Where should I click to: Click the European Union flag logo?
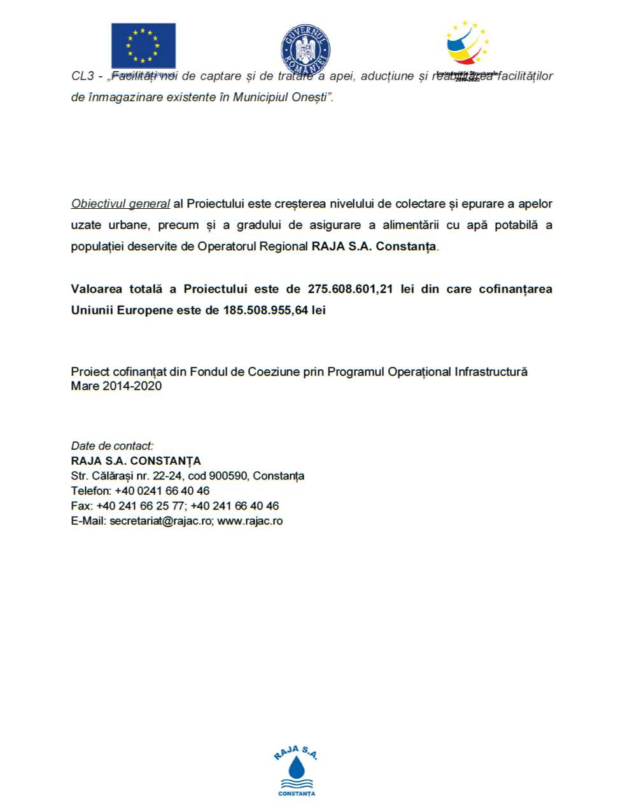tap(143, 45)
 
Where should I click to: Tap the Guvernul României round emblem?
tap(305, 49)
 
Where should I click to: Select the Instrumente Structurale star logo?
tap(467, 44)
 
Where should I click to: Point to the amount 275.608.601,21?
tap(350, 289)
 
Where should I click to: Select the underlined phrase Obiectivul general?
tap(120, 204)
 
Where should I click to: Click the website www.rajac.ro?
tap(250, 521)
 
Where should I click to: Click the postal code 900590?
tap(228, 476)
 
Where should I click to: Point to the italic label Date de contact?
tap(112, 446)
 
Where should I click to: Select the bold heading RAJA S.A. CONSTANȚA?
tap(136, 461)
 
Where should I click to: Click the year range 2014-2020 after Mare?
tap(132, 386)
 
